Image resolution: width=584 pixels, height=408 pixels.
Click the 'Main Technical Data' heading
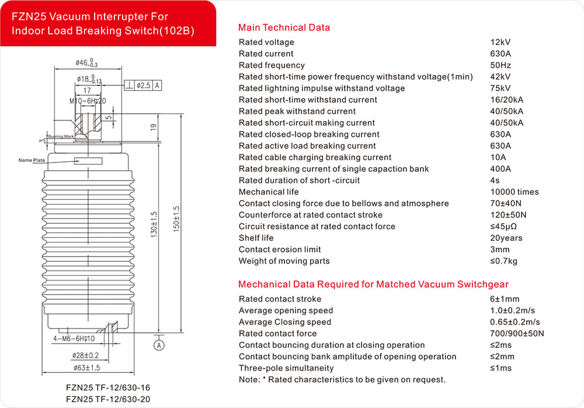pyautogui.click(x=284, y=27)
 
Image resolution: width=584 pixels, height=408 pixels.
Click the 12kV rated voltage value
pyautogui.click(x=500, y=42)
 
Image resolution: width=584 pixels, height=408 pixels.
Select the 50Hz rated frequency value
pyautogui.click(x=500, y=65)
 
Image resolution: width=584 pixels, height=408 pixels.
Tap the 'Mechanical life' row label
pyautogui.click(x=269, y=192)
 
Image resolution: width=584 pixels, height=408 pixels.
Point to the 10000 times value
pyautogui.click(x=515, y=192)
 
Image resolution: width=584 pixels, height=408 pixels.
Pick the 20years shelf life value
pyautogui.click(x=506, y=238)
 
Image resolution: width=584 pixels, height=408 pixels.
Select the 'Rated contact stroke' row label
pyautogui.click(x=280, y=299)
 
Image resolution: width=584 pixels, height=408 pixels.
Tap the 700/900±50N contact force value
pyautogui.click(x=517, y=334)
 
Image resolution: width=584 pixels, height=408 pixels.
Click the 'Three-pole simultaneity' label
pyautogui.click(x=286, y=368)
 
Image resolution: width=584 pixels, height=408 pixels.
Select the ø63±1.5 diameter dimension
pyautogui.click(x=87, y=368)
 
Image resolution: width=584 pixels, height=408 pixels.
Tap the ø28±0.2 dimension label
pyautogui.click(x=85, y=355)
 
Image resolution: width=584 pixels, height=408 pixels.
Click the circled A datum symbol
pyautogui.click(x=158, y=345)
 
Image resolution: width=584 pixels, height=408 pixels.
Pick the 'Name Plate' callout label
pyautogui.click(x=32, y=160)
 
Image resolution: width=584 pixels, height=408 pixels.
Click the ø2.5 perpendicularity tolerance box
pyautogui.click(x=143, y=85)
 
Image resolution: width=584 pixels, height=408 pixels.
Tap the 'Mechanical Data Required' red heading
pyautogui.click(x=373, y=285)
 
